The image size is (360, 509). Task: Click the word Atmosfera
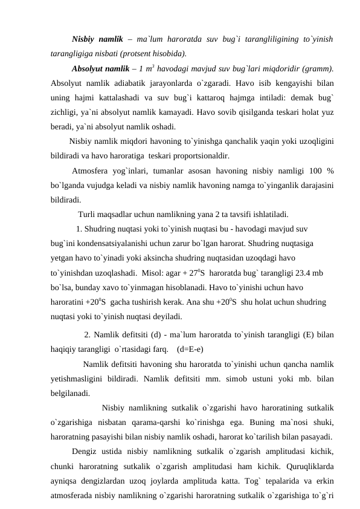click(90, 171)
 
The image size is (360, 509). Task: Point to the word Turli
click(87, 213)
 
